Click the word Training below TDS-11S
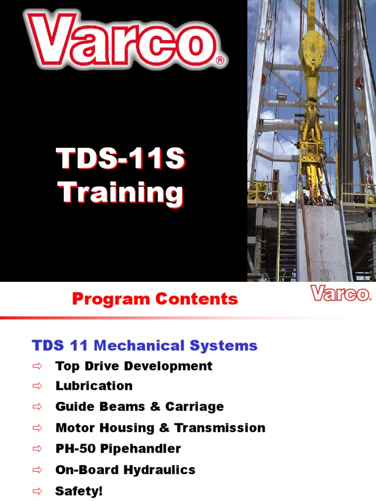click(x=121, y=193)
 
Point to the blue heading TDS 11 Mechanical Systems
click(x=144, y=346)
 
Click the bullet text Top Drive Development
click(x=134, y=366)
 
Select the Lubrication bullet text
click(x=94, y=386)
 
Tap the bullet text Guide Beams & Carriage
click(x=140, y=407)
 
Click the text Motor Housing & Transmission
click(x=160, y=428)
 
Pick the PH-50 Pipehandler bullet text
click(x=118, y=448)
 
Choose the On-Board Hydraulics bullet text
click(x=125, y=470)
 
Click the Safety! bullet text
click(x=79, y=491)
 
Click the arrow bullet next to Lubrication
click(x=38, y=386)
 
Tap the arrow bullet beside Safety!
click(x=38, y=491)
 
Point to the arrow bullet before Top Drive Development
click(x=38, y=366)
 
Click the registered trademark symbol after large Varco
click(x=220, y=61)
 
